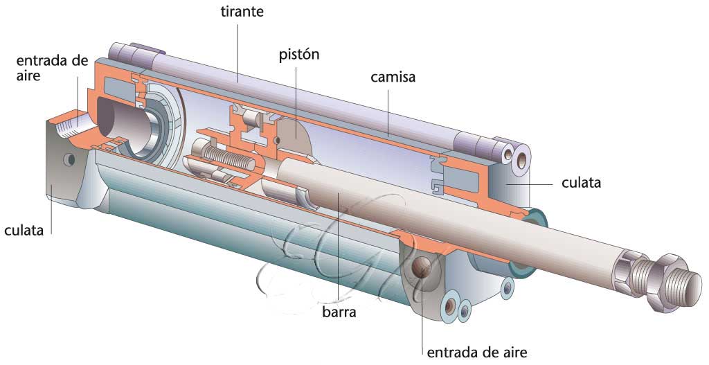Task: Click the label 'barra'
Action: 339,312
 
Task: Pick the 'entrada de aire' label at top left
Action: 51,67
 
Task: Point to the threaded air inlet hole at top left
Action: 69,127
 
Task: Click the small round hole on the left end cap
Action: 69,160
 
